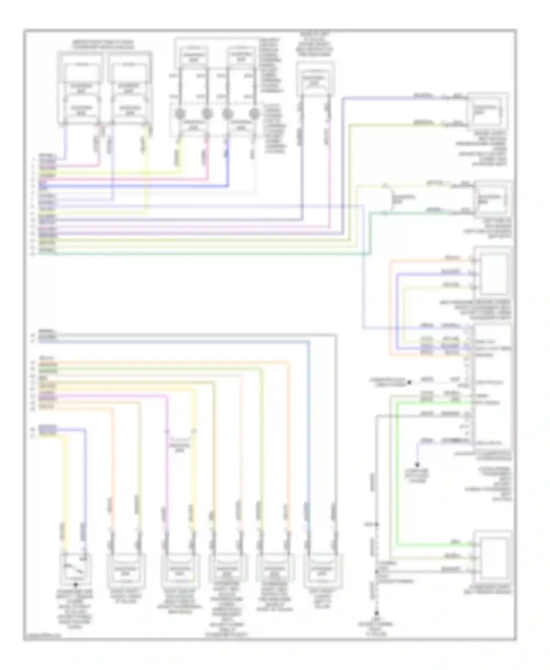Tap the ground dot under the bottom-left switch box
pos(76,585)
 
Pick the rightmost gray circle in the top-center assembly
pos(253,114)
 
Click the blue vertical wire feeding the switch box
pos(85,484)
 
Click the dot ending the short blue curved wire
pos(417,464)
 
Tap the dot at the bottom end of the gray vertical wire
pos(377,613)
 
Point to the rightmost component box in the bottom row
pos(322,570)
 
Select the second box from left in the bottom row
pos(126,570)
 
